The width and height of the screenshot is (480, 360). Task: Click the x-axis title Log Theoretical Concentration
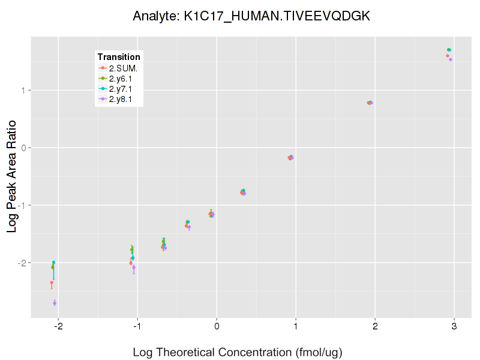click(x=238, y=352)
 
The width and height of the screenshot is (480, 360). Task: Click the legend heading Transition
click(x=119, y=57)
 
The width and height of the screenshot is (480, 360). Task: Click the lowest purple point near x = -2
click(x=55, y=303)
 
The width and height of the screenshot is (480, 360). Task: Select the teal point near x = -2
click(x=53, y=262)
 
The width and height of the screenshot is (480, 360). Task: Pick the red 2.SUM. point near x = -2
click(x=52, y=283)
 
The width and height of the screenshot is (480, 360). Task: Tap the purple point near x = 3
click(x=451, y=59)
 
